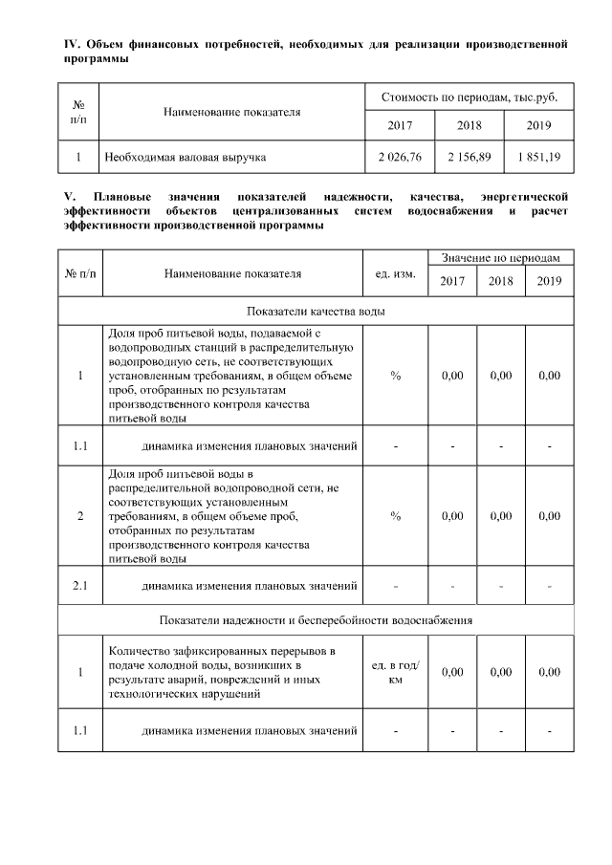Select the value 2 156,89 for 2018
[x=470, y=156]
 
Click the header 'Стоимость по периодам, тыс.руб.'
[x=470, y=98]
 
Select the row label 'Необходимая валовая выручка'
[x=186, y=156]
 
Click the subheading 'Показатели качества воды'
[x=316, y=312]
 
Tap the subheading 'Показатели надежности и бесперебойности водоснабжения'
[x=316, y=619]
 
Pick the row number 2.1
[x=80, y=585]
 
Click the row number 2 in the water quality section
[x=80, y=516]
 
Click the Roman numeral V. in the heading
[x=68, y=197]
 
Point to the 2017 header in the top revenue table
[x=400, y=126]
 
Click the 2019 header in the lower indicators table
[x=549, y=281]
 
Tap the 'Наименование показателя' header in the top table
[x=232, y=112]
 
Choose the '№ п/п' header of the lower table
[x=80, y=273]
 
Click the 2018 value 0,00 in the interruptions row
[x=500, y=673]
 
